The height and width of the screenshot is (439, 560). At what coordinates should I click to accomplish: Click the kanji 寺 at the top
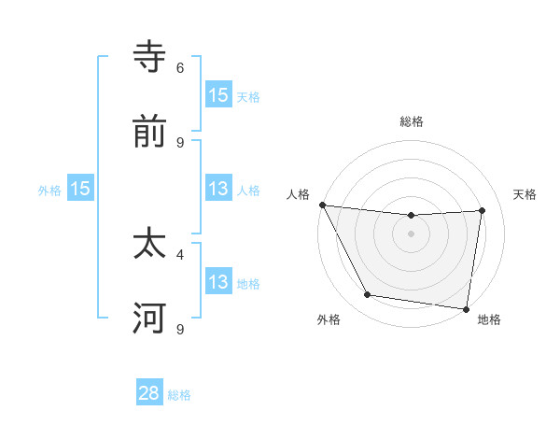click(x=149, y=58)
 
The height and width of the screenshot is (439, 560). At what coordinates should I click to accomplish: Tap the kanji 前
click(x=149, y=133)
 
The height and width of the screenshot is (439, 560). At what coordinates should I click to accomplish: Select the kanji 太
click(x=149, y=245)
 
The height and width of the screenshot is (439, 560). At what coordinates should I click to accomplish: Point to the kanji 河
click(x=149, y=319)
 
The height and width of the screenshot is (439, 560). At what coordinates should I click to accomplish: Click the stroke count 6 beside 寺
click(x=180, y=67)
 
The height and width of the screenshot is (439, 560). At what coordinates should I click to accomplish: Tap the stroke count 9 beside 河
click(x=180, y=329)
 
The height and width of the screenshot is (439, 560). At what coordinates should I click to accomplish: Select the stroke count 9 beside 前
click(x=180, y=142)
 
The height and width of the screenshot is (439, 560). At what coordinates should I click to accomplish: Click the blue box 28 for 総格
click(x=149, y=393)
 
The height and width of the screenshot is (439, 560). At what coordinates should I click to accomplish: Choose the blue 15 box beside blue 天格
click(x=217, y=94)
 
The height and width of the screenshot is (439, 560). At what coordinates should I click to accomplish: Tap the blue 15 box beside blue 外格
click(x=80, y=189)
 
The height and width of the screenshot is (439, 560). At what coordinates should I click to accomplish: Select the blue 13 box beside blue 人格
click(x=217, y=189)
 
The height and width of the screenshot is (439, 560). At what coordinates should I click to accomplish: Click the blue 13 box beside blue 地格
click(x=217, y=282)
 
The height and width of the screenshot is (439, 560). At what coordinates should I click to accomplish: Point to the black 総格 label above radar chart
click(x=412, y=121)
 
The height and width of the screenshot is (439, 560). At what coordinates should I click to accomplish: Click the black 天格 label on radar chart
click(x=525, y=194)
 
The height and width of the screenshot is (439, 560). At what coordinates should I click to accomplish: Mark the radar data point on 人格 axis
click(x=322, y=205)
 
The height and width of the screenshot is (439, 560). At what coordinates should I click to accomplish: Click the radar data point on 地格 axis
click(x=467, y=308)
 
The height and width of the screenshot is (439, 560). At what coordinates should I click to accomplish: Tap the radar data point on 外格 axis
click(x=368, y=295)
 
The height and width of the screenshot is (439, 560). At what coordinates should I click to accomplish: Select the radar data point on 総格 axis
click(x=412, y=216)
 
